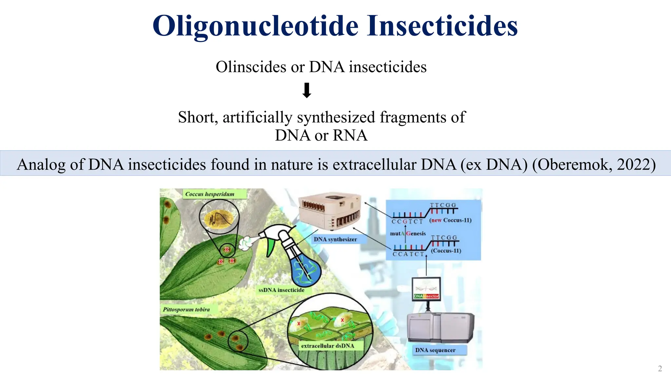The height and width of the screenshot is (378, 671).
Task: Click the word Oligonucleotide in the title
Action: (x=256, y=26)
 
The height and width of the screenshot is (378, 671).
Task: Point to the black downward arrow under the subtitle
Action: (x=307, y=91)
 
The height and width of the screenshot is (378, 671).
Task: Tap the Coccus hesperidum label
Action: (x=210, y=194)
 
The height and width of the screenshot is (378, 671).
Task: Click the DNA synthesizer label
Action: (x=335, y=240)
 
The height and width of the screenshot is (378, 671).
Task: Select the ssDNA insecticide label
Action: (x=281, y=290)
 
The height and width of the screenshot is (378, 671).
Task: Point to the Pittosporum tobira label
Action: (x=186, y=309)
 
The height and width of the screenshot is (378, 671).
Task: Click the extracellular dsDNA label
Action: (x=327, y=346)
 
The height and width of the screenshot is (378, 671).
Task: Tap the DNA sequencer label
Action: (x=435, y=350)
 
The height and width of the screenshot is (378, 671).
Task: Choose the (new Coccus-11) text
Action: (x=450, y=220)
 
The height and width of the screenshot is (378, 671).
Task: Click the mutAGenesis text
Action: (x=408, y=234)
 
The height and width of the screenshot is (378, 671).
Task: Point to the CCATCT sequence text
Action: (x=408, y=254)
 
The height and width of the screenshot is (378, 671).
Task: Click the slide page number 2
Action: (x=660, y=368)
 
